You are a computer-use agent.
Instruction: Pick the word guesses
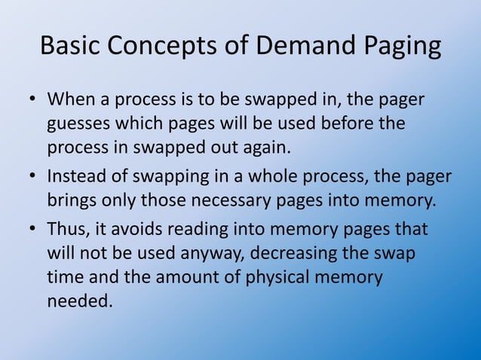[x=80, y=124]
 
